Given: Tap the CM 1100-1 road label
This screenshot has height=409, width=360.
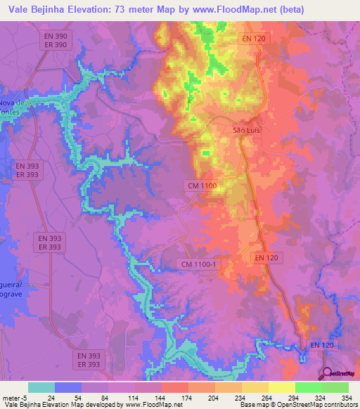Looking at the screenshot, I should pyautogui.click(x=200, y=264).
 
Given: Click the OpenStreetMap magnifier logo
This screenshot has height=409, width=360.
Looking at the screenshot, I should pyautogui.click(x=327, y=374).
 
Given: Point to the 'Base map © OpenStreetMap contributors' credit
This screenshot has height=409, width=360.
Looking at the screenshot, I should pyautogui.click(x=297, y=405).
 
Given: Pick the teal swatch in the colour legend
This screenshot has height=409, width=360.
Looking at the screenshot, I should pyautogui.click(x=41, y=387).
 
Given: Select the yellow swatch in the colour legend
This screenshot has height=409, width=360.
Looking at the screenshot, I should pyautogui.click(x=281, y=387).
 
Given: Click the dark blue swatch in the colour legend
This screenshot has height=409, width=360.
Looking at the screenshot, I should pyautogui.click(x=68, y=387).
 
